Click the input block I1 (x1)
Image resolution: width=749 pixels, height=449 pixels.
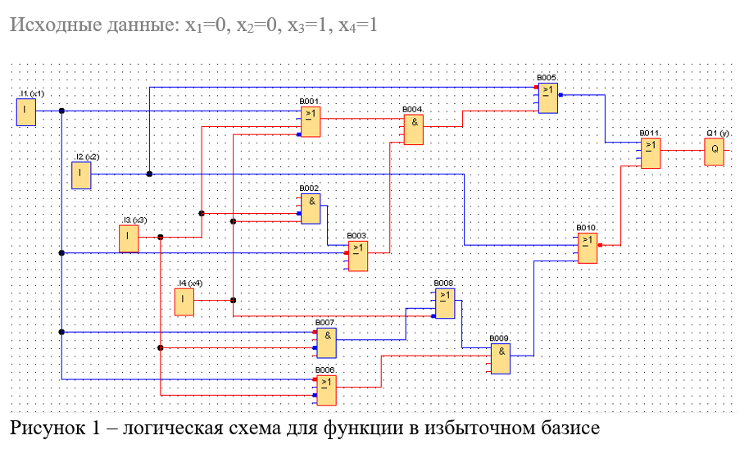click(x=27, y=112)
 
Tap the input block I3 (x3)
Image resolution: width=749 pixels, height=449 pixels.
click(x=129, y=238)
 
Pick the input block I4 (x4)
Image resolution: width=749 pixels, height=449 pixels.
click(x=184, y=302)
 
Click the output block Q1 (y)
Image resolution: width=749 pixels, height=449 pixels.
click(x=714, y=151)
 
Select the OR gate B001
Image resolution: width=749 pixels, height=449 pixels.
click(x=310, y=121)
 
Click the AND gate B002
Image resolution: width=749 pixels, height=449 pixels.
click(x=311, y=208)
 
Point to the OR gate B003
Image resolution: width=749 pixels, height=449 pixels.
click(x=357, y=255)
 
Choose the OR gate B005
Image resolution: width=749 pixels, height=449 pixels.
click(x=548, y=98)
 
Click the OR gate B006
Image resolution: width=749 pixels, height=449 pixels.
click(x=326, y=391)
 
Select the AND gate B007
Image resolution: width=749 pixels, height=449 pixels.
click(x=327, y=342)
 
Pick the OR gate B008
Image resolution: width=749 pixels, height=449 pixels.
click(x=444, y=304)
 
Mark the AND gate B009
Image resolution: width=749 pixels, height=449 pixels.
click(x=501, y=357)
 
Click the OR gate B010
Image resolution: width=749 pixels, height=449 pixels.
click(x=588, y=247)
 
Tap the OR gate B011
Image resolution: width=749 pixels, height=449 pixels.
click(x=651, y=152)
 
